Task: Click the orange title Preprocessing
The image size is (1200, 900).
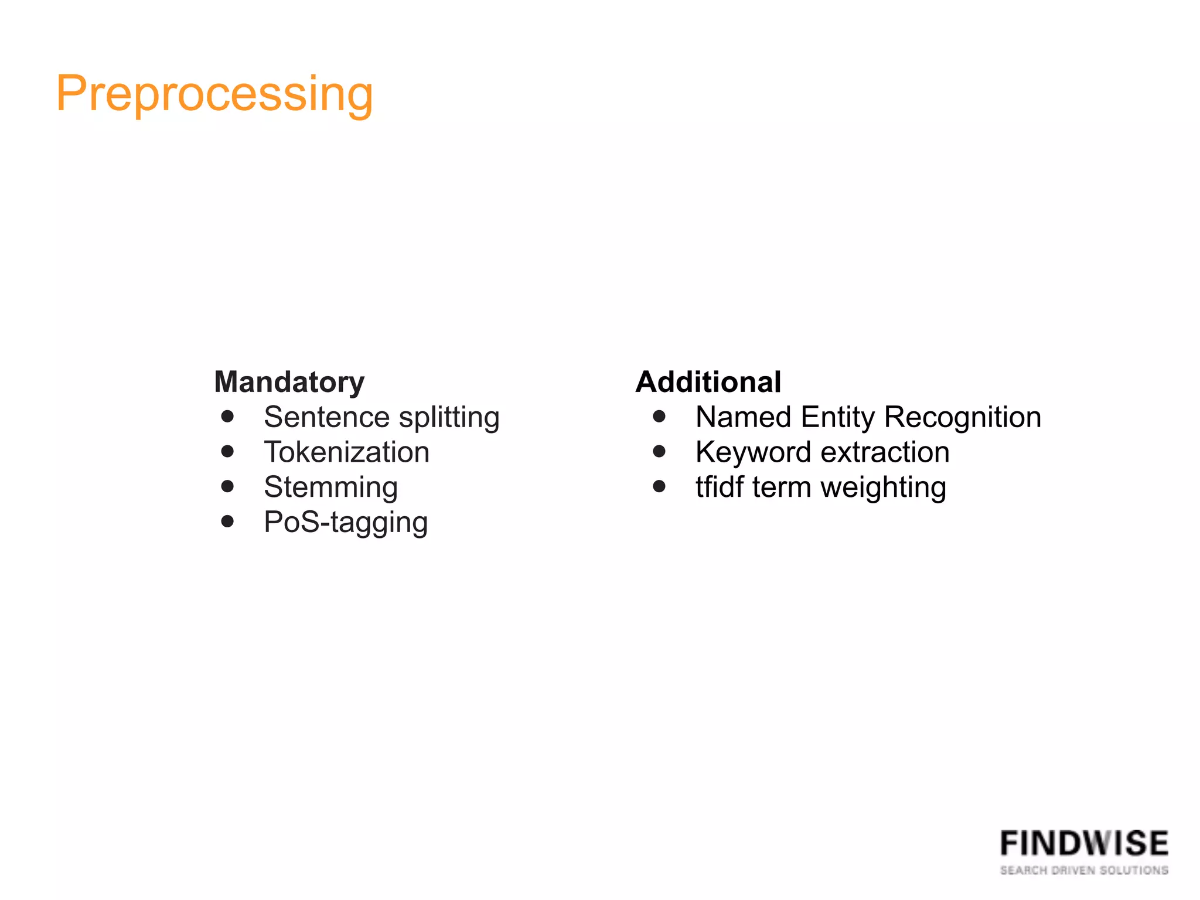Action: [214, 94]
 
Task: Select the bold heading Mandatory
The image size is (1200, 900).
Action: [289, 382]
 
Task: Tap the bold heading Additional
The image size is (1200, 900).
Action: [708, 382]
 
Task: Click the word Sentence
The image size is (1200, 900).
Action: [326, 418]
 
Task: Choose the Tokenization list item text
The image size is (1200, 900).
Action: [346, 452]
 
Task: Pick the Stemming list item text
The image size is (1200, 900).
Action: [330, 487]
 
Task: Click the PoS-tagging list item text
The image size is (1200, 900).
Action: [346, 523]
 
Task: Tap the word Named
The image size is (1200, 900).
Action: [743, 418]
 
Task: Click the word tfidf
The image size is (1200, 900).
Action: [720, 487]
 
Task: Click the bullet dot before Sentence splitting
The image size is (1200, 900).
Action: [228, 417]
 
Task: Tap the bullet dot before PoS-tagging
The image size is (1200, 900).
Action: [228, 521]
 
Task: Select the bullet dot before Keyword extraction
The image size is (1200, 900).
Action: [659, 451]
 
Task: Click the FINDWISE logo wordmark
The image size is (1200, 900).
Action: [1084, 844]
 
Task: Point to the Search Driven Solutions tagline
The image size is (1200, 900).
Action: [1084, 871]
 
